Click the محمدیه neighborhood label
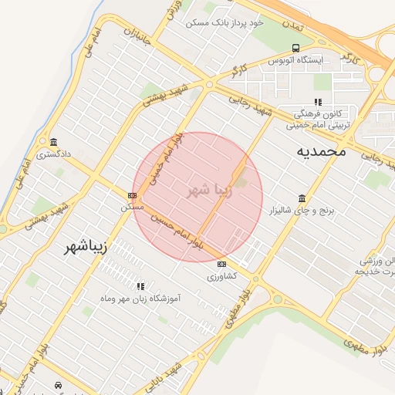[321, 152]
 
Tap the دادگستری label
[53, 154]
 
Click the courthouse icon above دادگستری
[53, 142]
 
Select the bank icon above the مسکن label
[133, 196]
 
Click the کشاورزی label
[222, 275]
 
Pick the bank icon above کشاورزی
[222, 264]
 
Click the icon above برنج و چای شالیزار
[301, 198]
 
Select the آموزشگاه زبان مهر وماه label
[140, 297]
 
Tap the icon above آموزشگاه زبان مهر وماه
[140, 285]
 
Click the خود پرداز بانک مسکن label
[225, 23]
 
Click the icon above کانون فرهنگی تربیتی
[317, 102]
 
